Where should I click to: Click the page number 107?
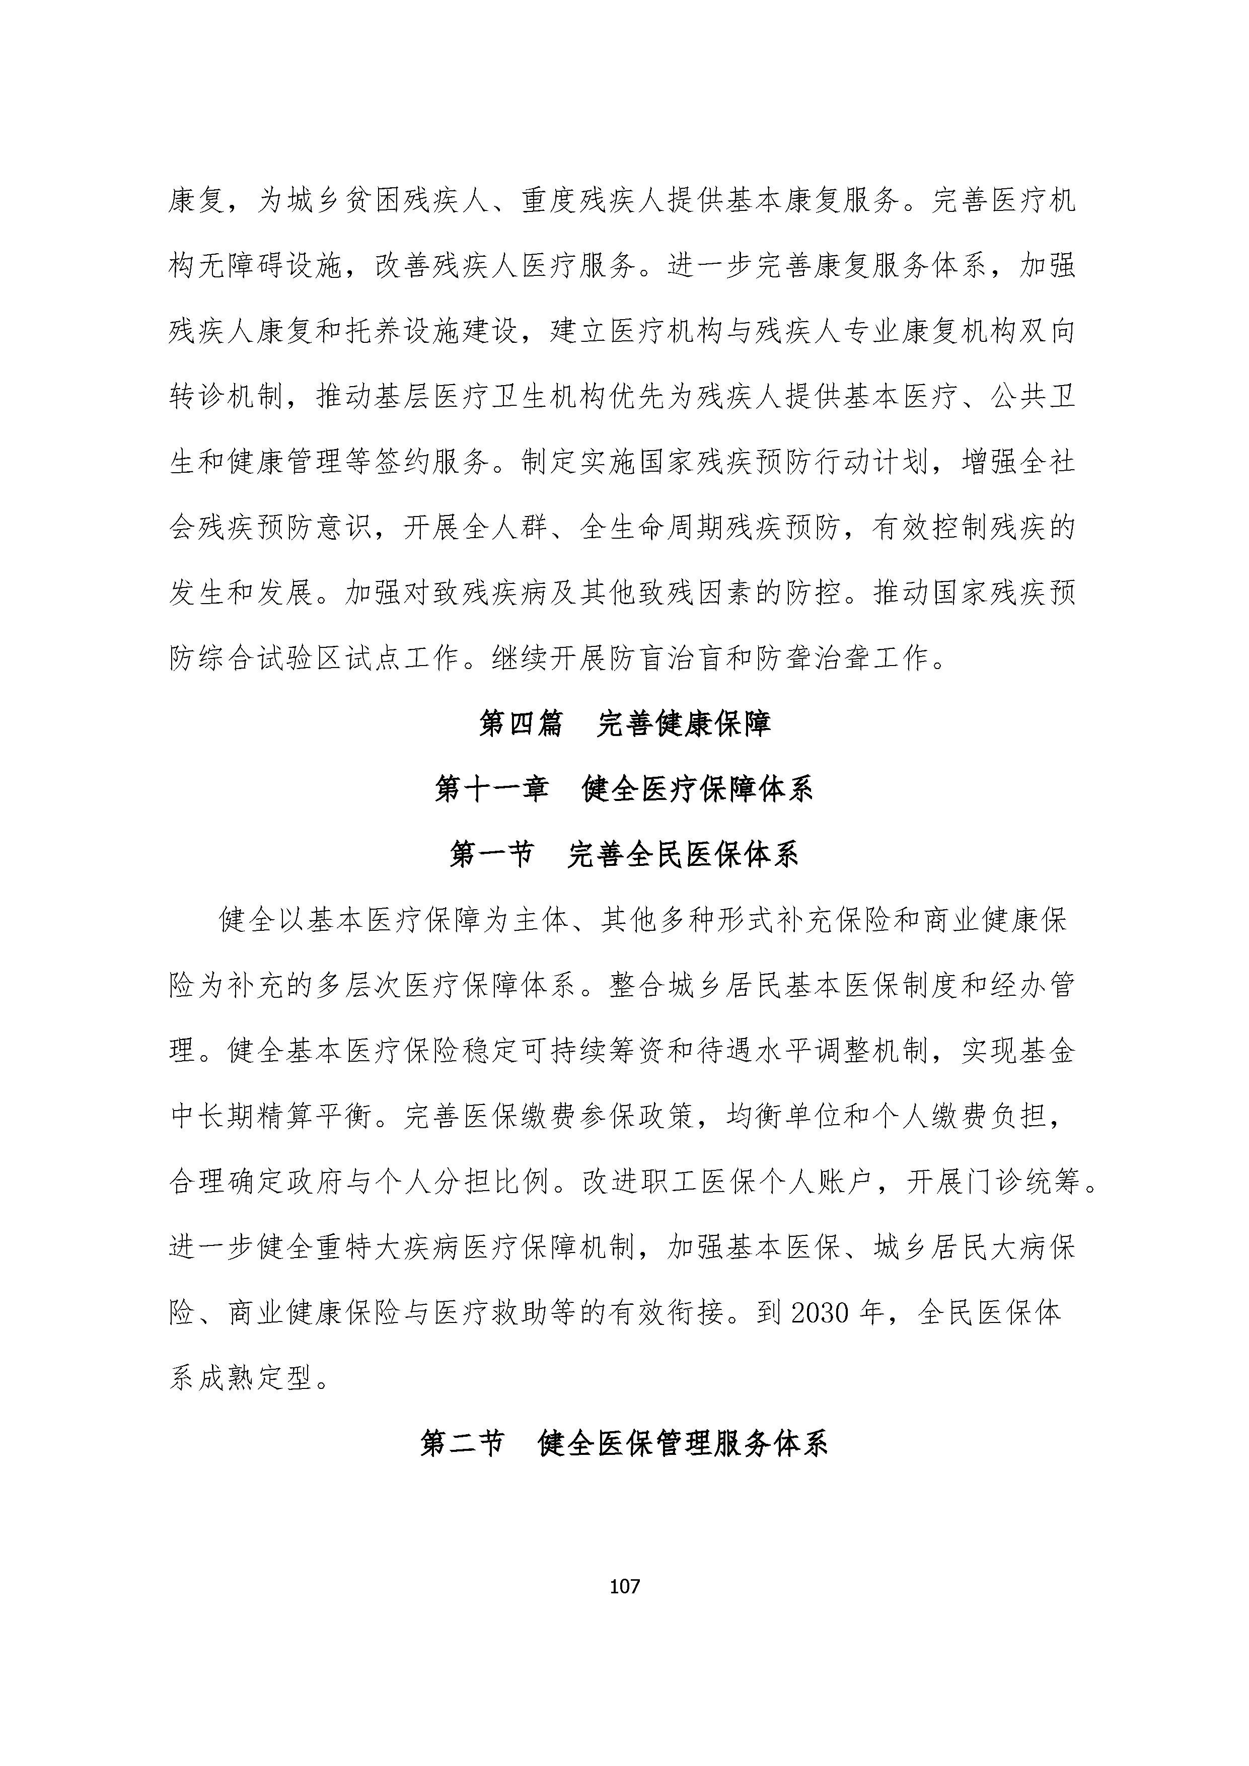[624, 1585]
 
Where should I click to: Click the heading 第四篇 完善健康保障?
[624, 724]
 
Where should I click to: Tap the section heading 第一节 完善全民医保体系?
[624, 854]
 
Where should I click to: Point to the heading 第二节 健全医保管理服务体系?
[624, 1444]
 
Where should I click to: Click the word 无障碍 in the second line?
[242, 267]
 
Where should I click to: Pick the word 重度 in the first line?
[550, 201]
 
